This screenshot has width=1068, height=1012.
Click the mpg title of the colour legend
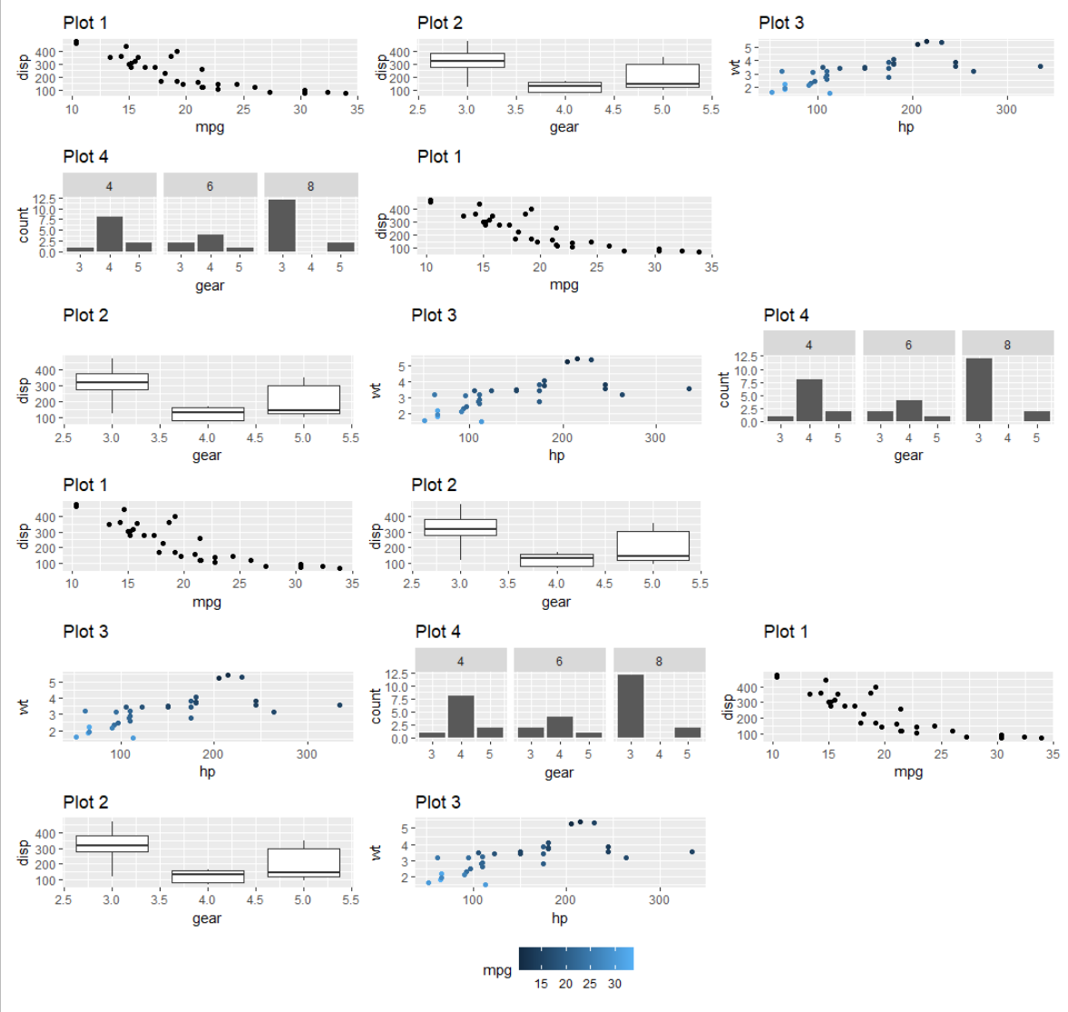coord(496,970)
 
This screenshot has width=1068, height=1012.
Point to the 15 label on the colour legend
coord(541,984)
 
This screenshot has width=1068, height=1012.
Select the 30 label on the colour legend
coord(614,984)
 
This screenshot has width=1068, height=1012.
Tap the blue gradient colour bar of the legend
coord(576,958)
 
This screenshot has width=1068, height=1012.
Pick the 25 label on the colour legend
coord(590,984)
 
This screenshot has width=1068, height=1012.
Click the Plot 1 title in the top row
coord(85,23)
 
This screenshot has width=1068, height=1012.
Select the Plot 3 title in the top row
coord(781,23)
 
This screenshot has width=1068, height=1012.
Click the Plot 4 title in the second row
coord(85,157)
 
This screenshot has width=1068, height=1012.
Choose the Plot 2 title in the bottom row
coord(85,802)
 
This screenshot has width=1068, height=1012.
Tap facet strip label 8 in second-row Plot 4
coord(310,186)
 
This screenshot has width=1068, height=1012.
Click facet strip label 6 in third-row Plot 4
coord(908,345)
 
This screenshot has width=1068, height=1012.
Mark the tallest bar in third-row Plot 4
coord(979,390)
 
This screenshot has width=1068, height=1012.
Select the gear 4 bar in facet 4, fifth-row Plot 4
coord(461,716)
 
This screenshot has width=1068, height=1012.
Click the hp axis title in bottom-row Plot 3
coord(560,919)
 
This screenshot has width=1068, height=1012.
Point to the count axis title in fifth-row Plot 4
coord(376,705)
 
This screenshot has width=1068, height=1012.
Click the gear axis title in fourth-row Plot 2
coord(556,602)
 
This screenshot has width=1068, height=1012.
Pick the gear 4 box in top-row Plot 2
coord(564,87)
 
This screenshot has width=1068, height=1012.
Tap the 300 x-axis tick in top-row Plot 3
coord(1006,109)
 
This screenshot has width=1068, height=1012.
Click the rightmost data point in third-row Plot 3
coord(689,388)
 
